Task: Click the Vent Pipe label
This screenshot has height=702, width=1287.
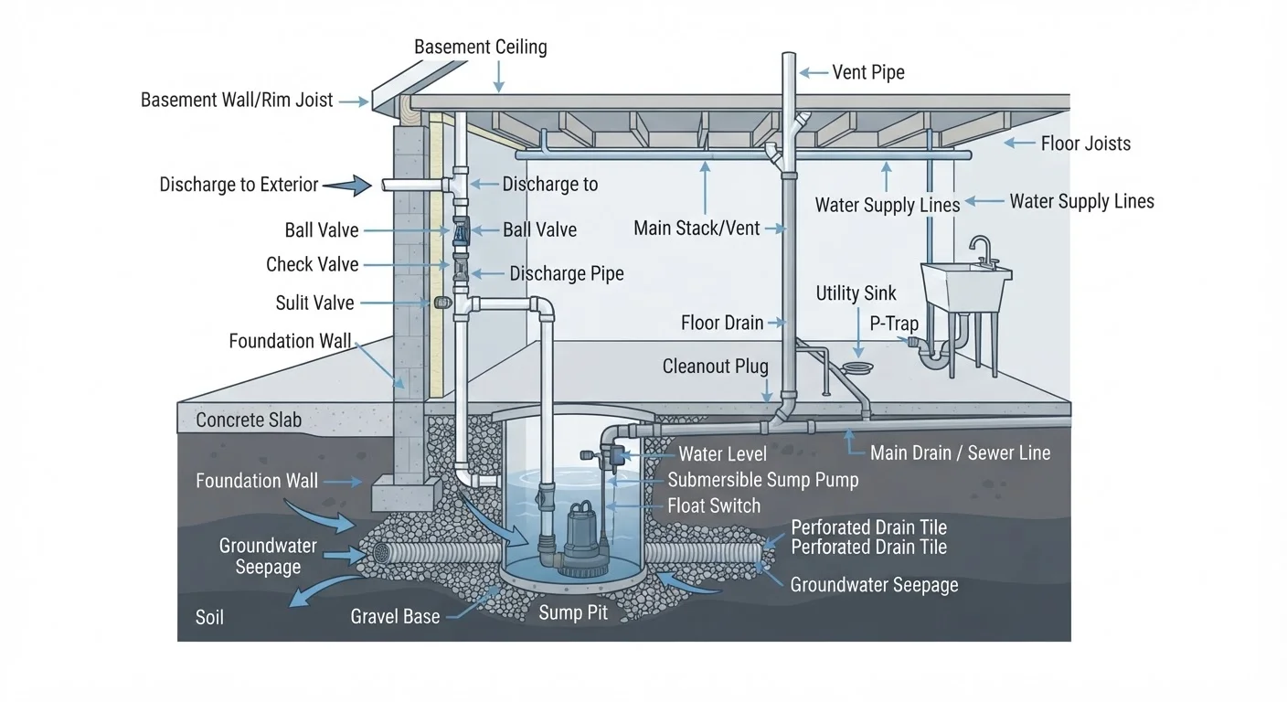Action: pos(868,72)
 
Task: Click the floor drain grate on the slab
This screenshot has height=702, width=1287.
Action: pos(857,367)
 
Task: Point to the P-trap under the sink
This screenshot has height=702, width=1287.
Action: pos(933,355)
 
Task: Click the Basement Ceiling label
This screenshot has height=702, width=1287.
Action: pos(480,48)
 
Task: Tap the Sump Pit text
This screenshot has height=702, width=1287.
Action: pos(573,612)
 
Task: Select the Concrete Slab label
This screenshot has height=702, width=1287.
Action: pos(249,420)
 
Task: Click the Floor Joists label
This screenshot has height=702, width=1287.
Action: pos(1085,144)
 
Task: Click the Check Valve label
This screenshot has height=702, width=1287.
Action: pos(312,264)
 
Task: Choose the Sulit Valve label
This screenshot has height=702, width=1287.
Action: pos(314,303)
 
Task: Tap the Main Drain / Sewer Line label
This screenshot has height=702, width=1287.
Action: pos(960,452)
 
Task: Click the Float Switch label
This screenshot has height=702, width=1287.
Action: pos(714,505)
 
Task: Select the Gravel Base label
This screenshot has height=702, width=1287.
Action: pos(395,616)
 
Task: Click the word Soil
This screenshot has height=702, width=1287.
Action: pos(209,618)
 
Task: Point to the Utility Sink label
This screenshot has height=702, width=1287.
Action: pos(856,293)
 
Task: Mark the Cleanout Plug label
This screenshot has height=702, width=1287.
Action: pos(715,366)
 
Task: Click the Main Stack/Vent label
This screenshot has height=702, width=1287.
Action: pos(697,229)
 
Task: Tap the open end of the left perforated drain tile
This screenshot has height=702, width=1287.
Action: pos(381,553)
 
